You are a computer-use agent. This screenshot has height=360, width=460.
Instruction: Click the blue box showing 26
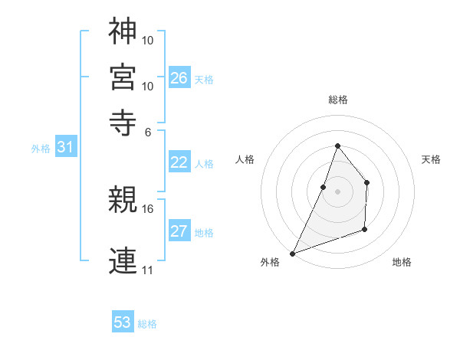click(179, 78)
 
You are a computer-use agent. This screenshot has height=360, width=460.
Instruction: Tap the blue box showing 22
click(179, 162)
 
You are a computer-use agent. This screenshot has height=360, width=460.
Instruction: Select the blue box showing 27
click(179, 231)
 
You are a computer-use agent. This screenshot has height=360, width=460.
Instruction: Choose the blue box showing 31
click(65, 148)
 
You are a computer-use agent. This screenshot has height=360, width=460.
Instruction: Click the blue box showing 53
click(123, 322)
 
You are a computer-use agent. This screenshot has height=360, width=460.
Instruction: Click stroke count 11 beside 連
click(147, 270)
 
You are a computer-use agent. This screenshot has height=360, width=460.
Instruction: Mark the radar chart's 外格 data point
click(293, 253)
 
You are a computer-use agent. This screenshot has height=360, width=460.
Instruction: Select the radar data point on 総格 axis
click(337, 146)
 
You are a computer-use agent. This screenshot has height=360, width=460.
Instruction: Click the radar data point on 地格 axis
click(365, 229)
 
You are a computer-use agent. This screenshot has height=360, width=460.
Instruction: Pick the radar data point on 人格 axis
click(324, 186)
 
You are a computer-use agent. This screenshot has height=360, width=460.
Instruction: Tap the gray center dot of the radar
click(337, 191)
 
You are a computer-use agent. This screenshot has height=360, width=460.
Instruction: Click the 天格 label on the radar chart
click(432, 159)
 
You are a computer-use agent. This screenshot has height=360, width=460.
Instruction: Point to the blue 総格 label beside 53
click(147, 324)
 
